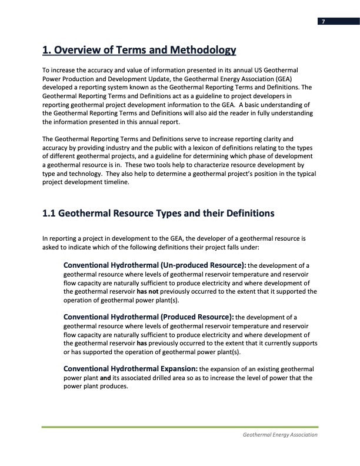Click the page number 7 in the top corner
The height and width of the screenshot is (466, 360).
[x=322, y=22]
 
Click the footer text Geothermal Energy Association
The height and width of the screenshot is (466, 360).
[x=279, y=435]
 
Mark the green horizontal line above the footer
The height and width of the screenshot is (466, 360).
[x=180, y=427]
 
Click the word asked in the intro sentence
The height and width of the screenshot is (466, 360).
[x=52, y=247]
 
